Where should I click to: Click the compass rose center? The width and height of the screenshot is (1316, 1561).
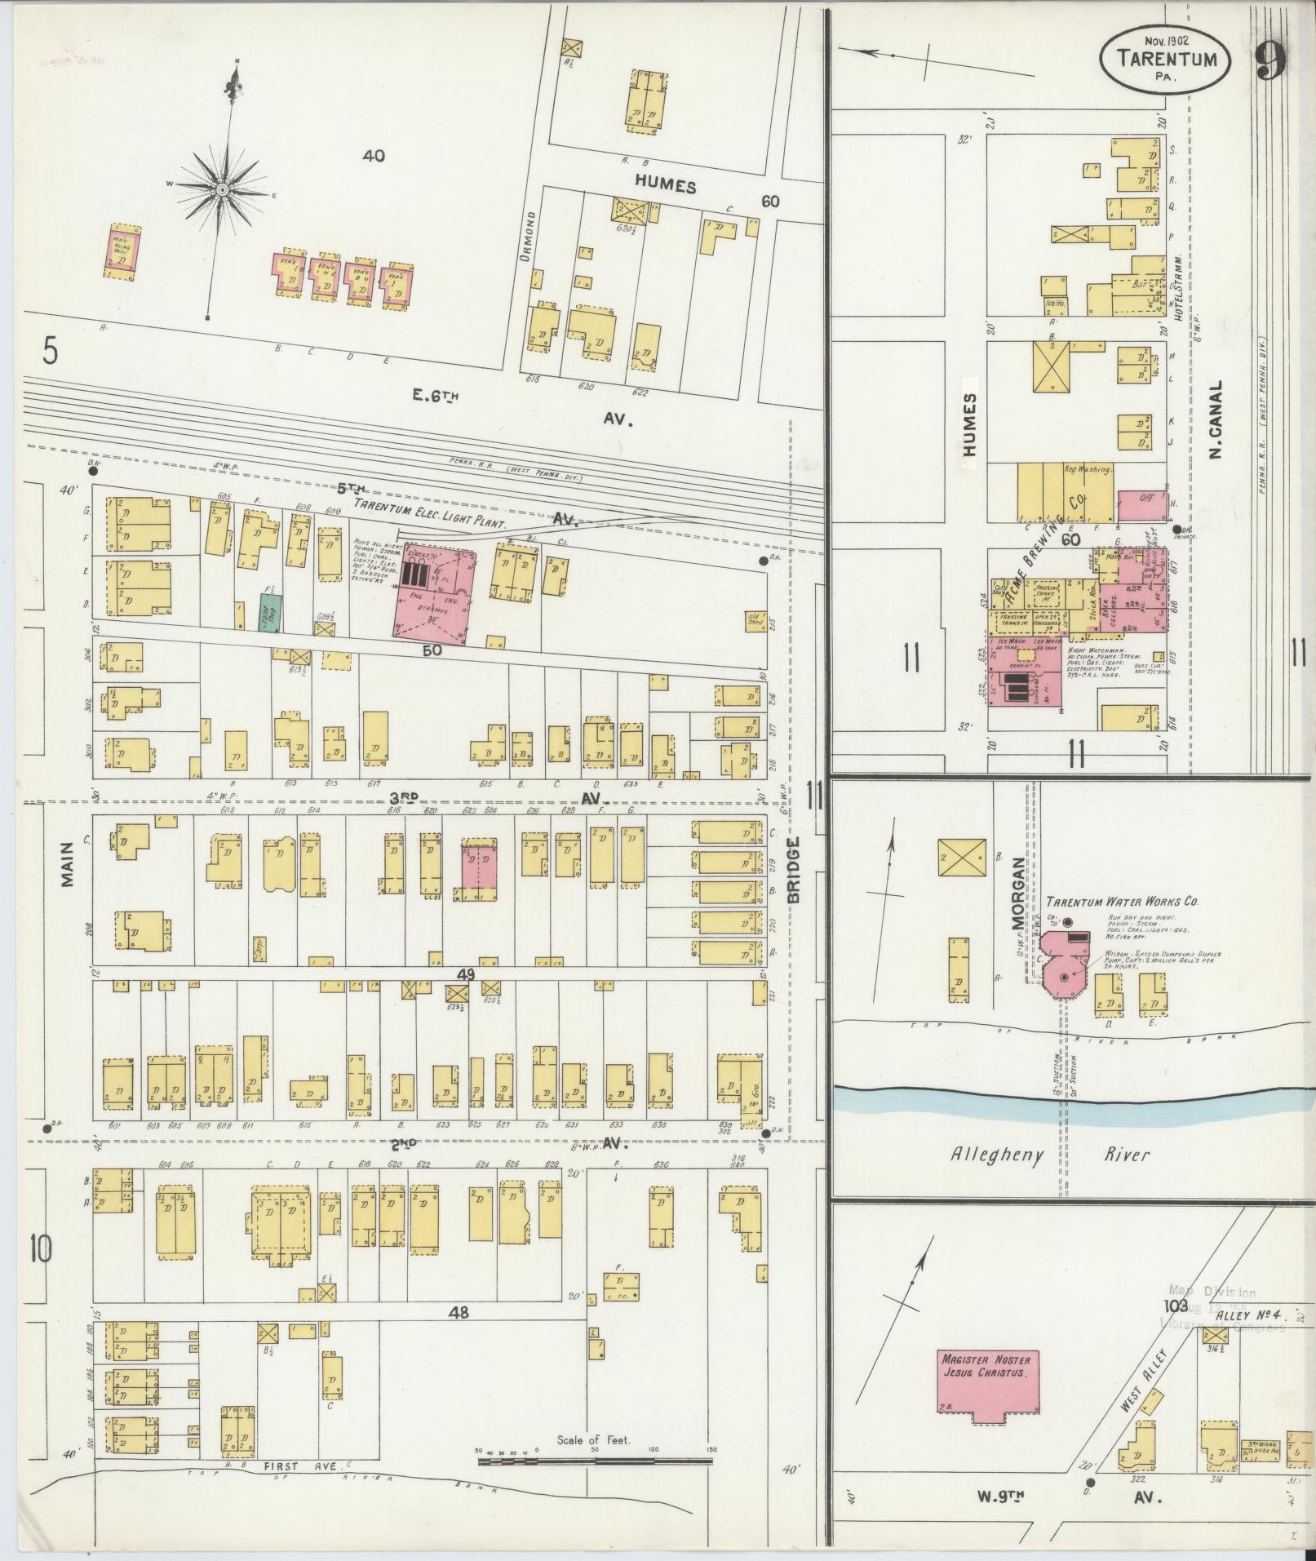click(x=222, y=189)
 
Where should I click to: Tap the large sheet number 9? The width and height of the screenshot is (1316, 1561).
click(x=1271, y=60)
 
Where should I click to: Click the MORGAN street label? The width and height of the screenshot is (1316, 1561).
click(x=1017, y=894)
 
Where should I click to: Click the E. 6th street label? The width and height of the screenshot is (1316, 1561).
click(x=436, y=396)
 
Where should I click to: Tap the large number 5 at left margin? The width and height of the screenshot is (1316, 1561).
click(x=51, y=353)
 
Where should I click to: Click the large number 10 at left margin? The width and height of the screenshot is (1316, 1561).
click(x=41, y=1250)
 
